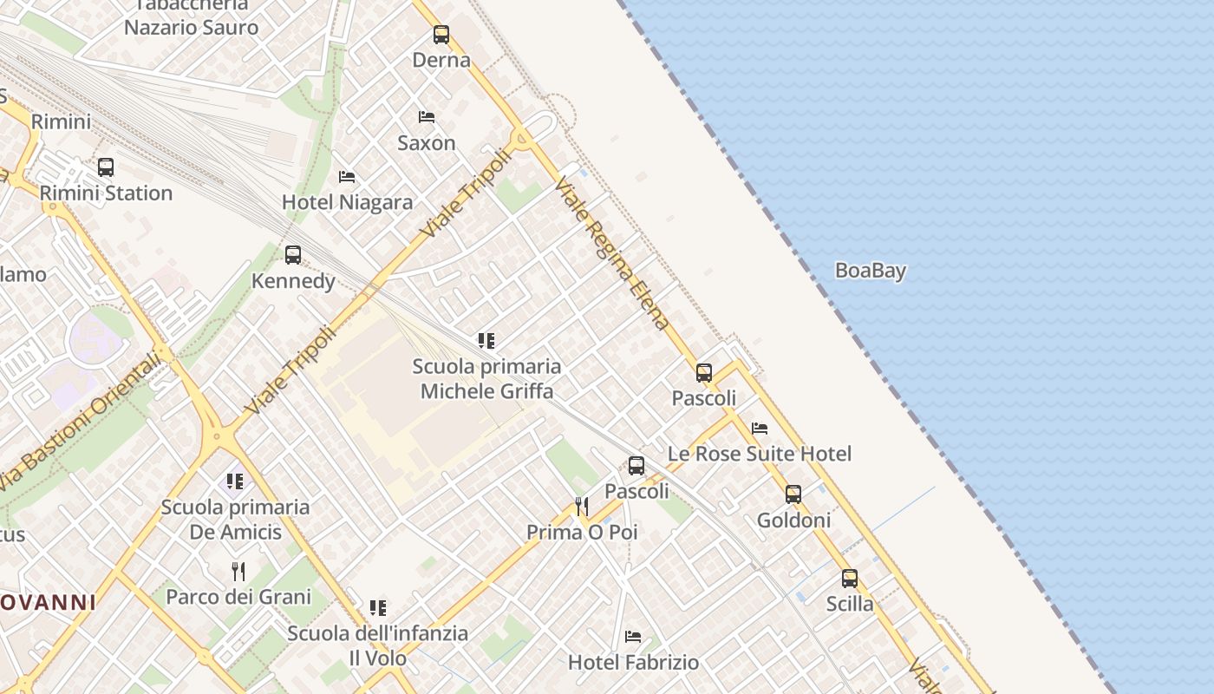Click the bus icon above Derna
[x=441, y=35]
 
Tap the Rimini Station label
[x=106, y=193]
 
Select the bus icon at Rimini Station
[x=106, y=167]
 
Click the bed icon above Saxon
[x=427, y=117]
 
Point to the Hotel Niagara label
[x=347, y=202]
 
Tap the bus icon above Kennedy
[x=293, y=255]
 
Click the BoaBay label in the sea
[x=870, y=271]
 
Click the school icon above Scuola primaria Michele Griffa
[x=486, y=341]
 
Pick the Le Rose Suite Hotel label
[x=759, y=454]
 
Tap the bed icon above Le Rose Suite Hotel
[x=760, y=429]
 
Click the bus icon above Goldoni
[x=793, y=494]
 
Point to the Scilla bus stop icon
[x=850, y=579]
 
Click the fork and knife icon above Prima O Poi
[x=582, y=507]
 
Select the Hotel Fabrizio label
[x=633, y=663]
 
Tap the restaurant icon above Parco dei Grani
[x=238, y=572]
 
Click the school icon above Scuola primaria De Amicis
[x=235, y=481]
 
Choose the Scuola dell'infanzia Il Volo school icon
[x=377, y=608]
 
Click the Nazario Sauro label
[x=191, y=27]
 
